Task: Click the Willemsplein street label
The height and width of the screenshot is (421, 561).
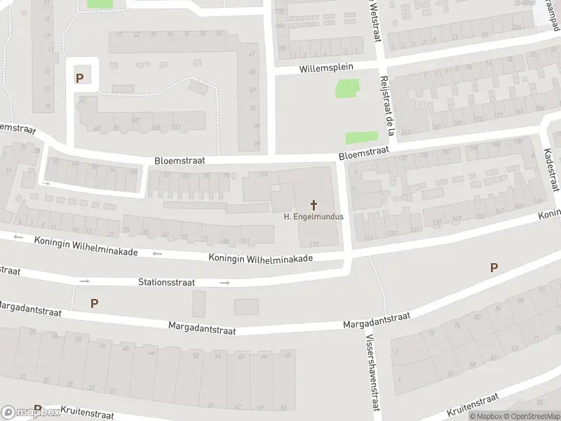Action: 326,68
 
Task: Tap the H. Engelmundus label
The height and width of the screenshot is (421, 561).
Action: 313,217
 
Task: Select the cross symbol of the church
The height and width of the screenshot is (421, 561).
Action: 313,205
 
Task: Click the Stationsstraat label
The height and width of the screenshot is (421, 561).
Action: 166,282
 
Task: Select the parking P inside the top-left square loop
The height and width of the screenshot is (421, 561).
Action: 79,78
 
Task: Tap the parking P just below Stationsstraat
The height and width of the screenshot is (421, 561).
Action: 94,303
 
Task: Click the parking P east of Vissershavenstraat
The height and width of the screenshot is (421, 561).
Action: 494,267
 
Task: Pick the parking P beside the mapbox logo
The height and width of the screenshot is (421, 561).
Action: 38,409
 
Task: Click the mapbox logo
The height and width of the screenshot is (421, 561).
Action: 30,412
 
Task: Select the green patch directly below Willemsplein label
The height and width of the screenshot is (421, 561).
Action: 346,89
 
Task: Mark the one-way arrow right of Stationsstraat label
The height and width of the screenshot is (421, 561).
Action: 224,283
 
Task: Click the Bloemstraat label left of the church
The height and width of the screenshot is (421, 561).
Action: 180,161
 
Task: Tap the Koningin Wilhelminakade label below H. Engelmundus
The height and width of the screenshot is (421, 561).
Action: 260,258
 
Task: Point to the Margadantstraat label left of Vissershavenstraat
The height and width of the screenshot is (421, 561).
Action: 202,327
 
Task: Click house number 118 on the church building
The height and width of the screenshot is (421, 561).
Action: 313,243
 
